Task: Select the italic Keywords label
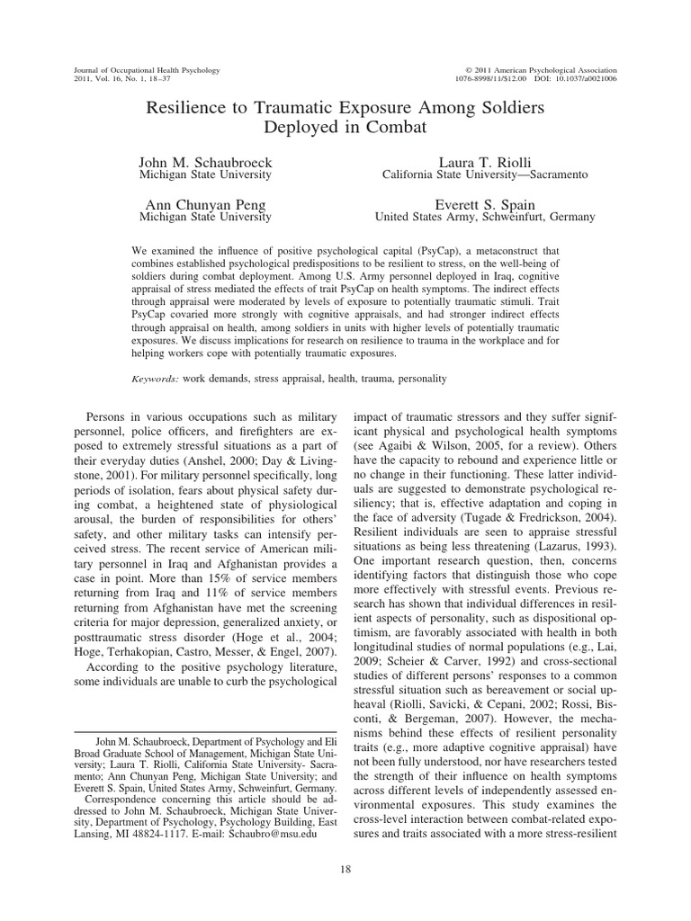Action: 156,380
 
